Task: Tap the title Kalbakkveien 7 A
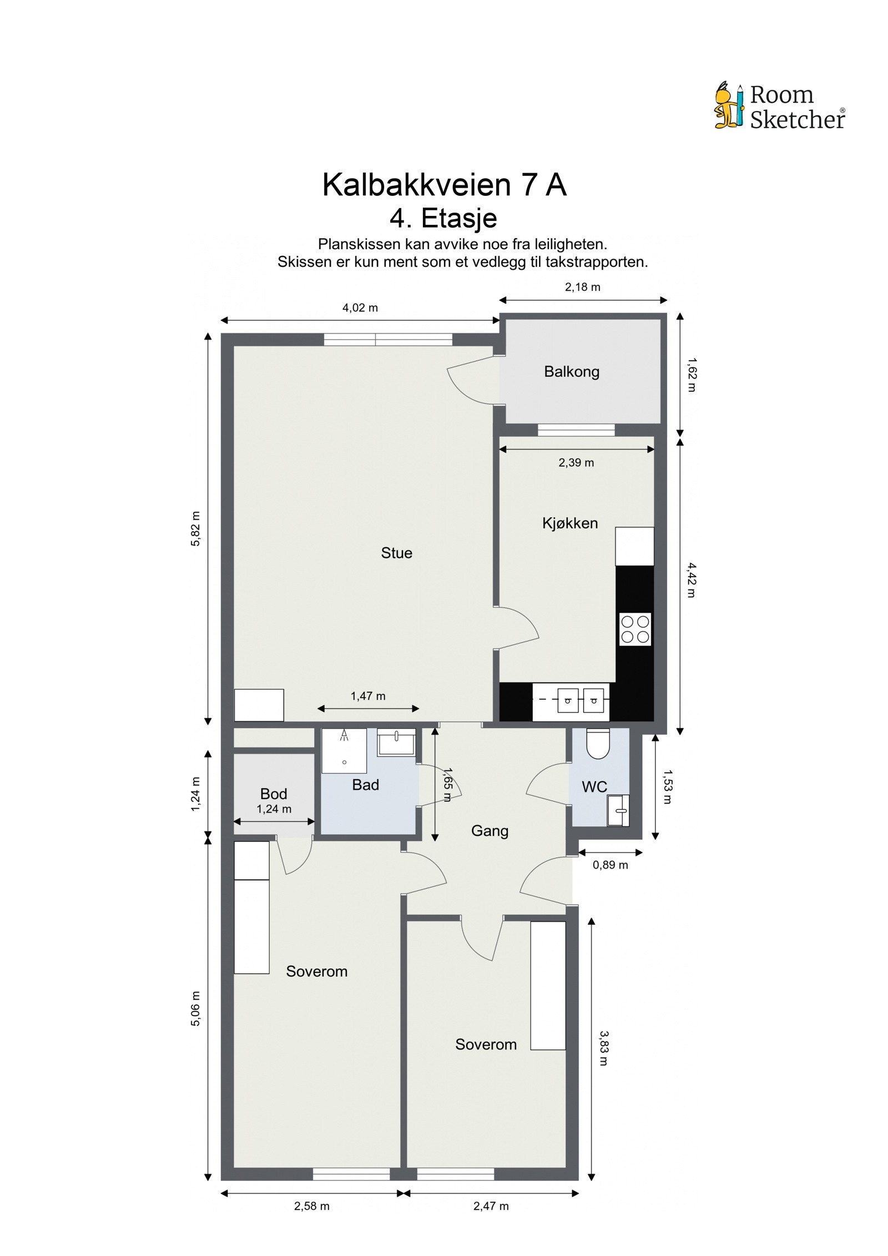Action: tap(444, 185)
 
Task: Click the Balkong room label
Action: tap(572, 371)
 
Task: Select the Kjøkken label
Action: tap(570, 523)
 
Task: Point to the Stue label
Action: tap(396, 553)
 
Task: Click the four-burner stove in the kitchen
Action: tap(635, 629)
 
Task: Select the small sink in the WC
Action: tap(618, 811)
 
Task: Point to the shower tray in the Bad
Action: tap(344, 750)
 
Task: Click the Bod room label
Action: tap(274, 794)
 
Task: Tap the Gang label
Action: tap(490, 831)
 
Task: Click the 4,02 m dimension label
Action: tap(360, 307)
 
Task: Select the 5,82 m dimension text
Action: tap(195, 529)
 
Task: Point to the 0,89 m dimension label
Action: tap(610, 865)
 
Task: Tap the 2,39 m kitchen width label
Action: tap(576, 462)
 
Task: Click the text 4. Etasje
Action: tap(443, 218)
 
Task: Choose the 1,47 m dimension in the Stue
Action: tap(368, 696)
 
